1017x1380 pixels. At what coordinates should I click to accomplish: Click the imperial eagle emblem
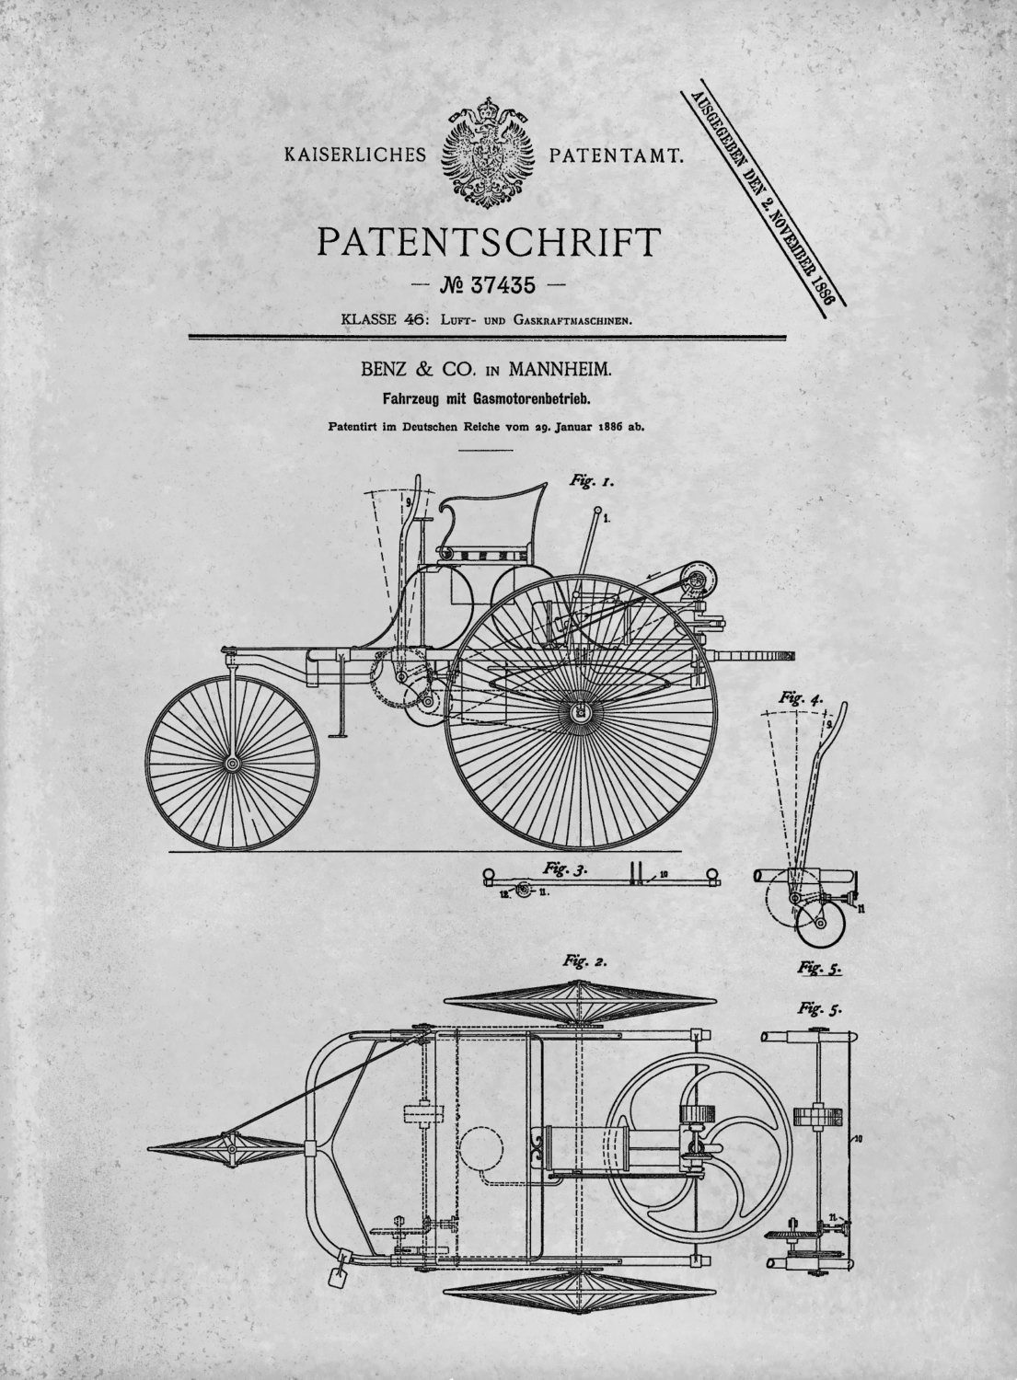coord(487,154)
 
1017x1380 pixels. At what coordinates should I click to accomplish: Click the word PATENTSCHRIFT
coord(489,243)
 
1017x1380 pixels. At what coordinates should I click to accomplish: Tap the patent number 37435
coord(503,285)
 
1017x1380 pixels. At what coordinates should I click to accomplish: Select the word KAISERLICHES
coord(355,154)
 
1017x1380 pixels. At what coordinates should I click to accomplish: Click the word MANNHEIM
coord(560,370)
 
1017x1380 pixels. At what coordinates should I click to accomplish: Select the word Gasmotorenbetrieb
coord(533,399)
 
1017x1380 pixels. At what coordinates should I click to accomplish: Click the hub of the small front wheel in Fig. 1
coord(232,764)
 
